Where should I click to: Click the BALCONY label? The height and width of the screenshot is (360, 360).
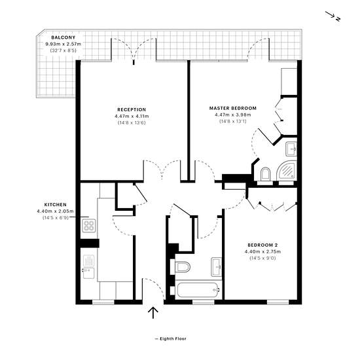(63, 37)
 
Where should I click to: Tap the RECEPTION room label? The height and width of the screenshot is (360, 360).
(132, 110)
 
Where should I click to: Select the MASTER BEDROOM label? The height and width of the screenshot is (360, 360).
(233, 108)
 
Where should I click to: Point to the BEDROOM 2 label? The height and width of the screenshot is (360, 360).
(262, 245)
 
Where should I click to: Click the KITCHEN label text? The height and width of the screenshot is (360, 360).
(56, 205)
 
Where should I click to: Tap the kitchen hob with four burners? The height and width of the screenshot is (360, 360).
(88, 226)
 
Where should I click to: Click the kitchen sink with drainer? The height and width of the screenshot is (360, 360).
(88, 267)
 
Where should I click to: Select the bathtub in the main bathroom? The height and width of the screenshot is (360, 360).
(198, 290)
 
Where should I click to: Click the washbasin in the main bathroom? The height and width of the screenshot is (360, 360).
(216, 267)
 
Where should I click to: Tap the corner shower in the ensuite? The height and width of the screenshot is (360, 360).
(287, 170)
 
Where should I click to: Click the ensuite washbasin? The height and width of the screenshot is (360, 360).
(291, 149)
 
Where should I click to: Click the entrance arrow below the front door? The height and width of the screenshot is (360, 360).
(153, 313)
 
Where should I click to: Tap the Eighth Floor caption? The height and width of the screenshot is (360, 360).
(171, 338)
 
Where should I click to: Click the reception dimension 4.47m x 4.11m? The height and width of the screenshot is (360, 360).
(132, 117)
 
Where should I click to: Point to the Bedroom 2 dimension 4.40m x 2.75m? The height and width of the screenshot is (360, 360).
(262, 251)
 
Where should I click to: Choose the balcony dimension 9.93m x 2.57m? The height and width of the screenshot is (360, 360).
(63, 44)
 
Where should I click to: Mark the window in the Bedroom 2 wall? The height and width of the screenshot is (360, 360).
(278, 302)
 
